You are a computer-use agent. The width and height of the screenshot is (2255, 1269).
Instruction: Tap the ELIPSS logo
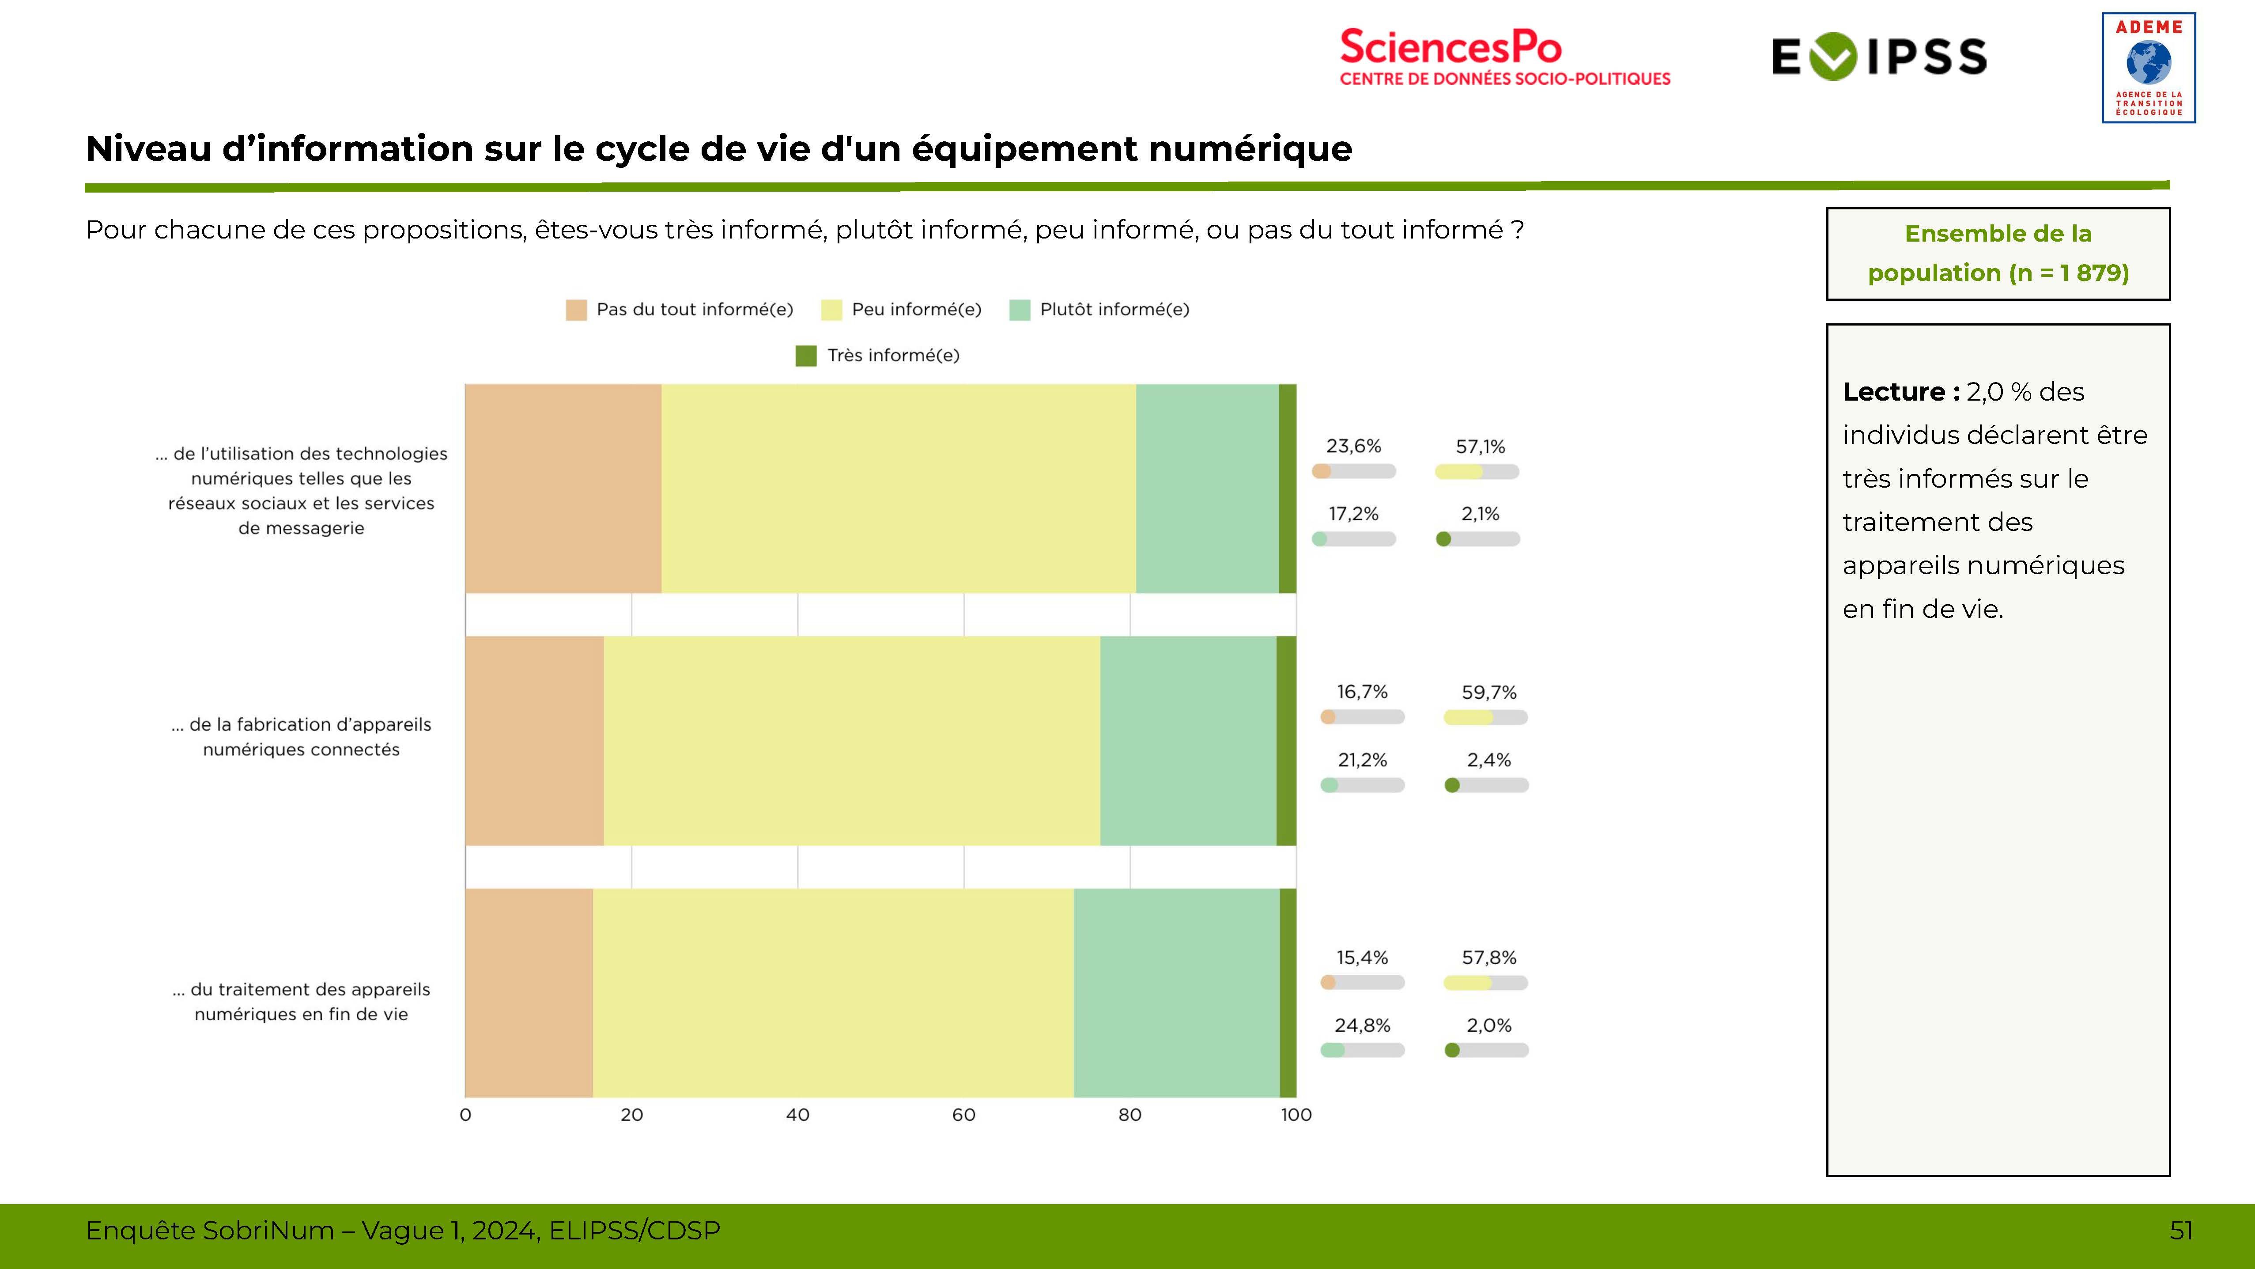pos(1879,57)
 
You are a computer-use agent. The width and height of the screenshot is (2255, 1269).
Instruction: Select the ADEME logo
pos(2148,68)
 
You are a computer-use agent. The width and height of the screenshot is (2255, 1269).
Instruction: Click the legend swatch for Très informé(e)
pos(805,356)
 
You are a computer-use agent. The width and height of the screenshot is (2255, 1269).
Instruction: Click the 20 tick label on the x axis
pos(631,1115)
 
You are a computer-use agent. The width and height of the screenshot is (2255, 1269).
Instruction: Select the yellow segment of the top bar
pos(898,488)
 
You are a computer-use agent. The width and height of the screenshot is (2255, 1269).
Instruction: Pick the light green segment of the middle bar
pos(1188,740)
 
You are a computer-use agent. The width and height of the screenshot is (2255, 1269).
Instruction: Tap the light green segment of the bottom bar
pos(1177,992)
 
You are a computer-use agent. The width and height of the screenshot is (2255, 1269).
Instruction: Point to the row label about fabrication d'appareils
pos(301,736)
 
